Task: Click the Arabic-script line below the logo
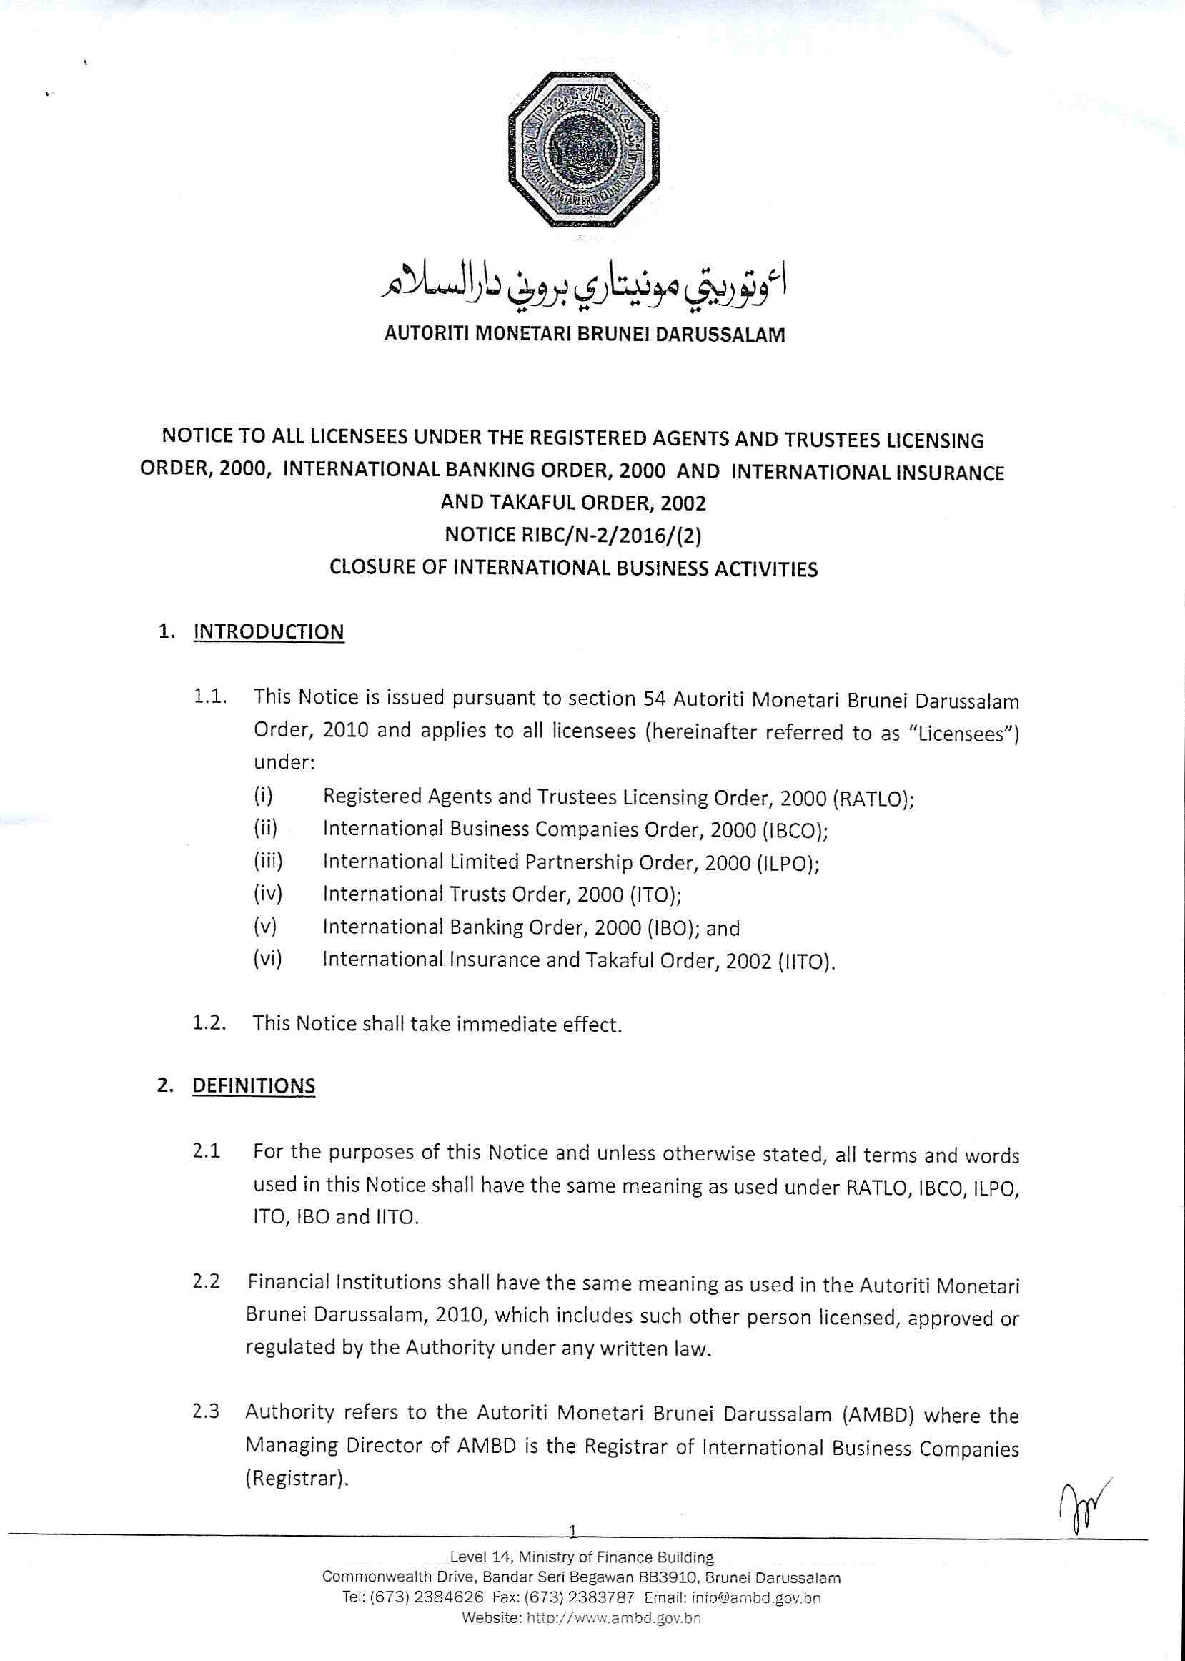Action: [x=584, y=287]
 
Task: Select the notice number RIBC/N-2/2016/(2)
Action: [x=573, y=535]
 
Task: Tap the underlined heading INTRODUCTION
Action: [x=269, y=631]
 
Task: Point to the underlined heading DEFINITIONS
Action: [x=253, y=1085]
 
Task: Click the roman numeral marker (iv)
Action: [x=268, y=893]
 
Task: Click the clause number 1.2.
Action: [x=209, y=1022]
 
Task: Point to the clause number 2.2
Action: [x=207, y=1281]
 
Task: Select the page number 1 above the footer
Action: [x=572, y=1529]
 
